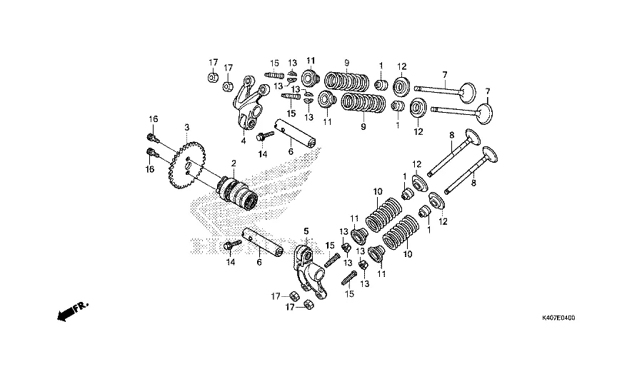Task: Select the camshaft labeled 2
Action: point(239,192)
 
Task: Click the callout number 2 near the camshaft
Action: point(232,163)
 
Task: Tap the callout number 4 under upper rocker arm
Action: point(243,141)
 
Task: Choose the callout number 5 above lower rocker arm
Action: point(306,231)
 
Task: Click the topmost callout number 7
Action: point(444,74)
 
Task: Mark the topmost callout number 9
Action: point(346,61)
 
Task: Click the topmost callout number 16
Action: point(151,118)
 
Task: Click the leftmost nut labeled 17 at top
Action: point(214,77)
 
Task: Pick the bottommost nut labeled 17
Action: point(310,304)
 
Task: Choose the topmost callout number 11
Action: point(311,59)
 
